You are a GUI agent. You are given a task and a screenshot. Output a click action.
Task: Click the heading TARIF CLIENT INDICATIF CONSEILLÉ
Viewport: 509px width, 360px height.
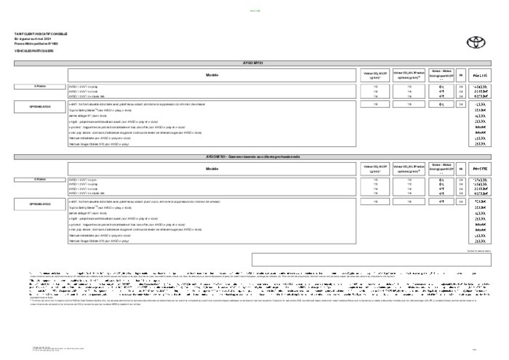point(35,33)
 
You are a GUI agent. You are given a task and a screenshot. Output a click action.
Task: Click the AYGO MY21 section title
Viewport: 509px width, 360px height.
point(254,64)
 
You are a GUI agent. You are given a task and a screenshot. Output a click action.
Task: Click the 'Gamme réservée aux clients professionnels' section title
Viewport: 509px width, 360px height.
point(254,157)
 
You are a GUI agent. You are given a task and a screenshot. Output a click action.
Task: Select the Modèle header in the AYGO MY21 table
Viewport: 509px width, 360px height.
point(212,75)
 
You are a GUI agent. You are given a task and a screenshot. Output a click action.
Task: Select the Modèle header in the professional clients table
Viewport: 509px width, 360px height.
point(212,168)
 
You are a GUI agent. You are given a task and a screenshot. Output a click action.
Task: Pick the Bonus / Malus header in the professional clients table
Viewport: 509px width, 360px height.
point(441,167)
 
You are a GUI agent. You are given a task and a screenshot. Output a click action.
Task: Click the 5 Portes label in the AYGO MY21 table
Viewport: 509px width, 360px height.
point(40,86)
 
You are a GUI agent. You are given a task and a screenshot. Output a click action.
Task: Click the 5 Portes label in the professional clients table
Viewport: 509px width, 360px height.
point(40,179)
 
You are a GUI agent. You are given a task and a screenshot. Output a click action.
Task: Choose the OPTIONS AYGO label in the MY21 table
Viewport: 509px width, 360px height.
point(40,105)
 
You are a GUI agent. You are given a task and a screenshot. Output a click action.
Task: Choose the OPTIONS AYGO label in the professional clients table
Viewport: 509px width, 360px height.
point(40,205)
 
